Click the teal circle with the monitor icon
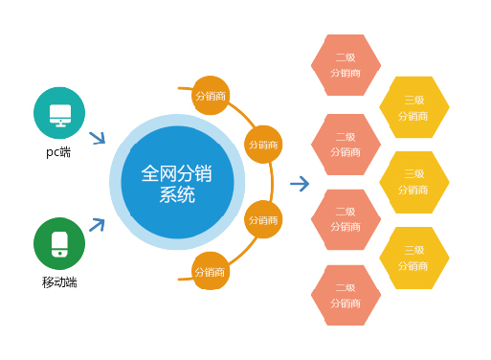click(x=59, y=113)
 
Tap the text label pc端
click(x=58, y=152)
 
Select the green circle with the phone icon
click(x=59, y=243)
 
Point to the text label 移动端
click(x=59, y=282)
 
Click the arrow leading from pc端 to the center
click(x=97, y=138)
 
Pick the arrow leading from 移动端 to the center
click(x=97, y=225)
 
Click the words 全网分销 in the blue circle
click(x=176, y=173)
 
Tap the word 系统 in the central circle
click(x=176, y=195)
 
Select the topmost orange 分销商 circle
click(x=211, y=96)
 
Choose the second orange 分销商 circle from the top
click(x=263, y=145)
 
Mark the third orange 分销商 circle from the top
click(x=263, y=219)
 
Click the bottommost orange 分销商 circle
click(x=211, y=271)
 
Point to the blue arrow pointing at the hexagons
click(x=300, y=184)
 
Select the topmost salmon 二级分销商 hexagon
click(x=346, y=65)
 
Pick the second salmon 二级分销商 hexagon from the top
click(x=346, y=145)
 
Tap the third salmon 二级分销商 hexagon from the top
click(x=346, y=219)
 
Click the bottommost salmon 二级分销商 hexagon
click(x=346, y=295)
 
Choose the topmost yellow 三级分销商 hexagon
click(x=413, y=107)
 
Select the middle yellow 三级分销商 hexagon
click(x=413, y=182)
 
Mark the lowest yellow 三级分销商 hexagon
click(x=413, y=258)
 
